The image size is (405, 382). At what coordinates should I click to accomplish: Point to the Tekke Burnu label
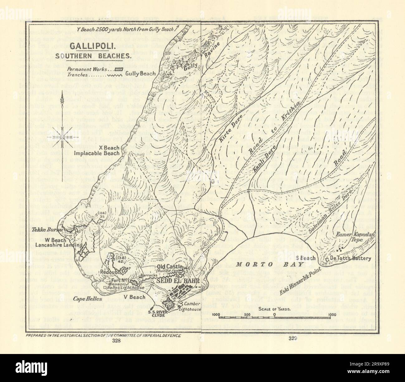pyautogui.click(x=51, y=230)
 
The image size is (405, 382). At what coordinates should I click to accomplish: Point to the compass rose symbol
pyautogui.click(x=63, y=137)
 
